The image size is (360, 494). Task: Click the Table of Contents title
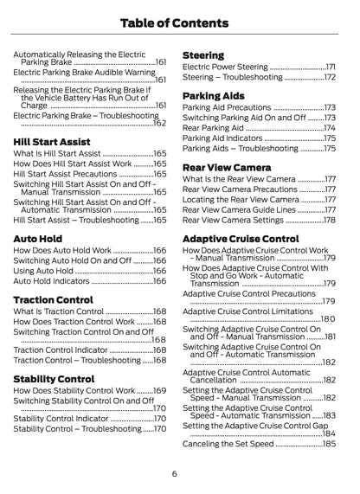179,22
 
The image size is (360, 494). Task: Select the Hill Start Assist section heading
53,140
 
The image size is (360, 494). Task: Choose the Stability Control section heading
55,378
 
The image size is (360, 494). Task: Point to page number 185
329,444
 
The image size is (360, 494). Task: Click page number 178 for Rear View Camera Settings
329,220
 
